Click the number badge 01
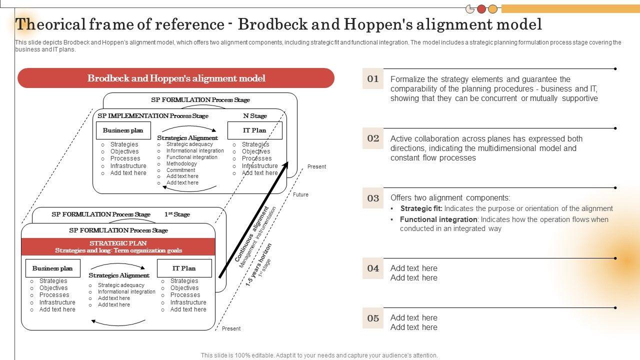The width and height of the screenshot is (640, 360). pyautogui.click(x=373, y=78)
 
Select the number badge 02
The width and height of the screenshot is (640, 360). pyautogui.click(x=373, y=138)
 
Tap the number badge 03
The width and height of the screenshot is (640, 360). pyautogui.click(x=373, y=198)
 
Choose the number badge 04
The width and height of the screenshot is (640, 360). pyautogui.click(x=373, y=268)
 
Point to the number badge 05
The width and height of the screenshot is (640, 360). pyautogui.click(x=373, y=318)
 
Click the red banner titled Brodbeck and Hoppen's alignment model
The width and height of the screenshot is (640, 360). pyautogui.click(x=176, y=78)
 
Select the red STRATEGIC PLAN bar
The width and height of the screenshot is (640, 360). pyautogui.click(x=118, y=246)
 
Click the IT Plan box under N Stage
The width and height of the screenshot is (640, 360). pyautogui.click(x=254, y=130)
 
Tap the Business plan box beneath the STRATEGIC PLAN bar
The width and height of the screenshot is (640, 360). pyautogui.click(x=52, y=268)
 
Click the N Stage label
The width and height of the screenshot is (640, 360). pyautogui.click(x=255, y=116)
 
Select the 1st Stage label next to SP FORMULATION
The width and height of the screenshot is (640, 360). pyautogui.click(x=177, y=214)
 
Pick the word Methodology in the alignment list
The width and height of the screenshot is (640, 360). pyautogui.click(x=181, y=163)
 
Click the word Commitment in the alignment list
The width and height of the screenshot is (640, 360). pyautogui.click(x=180, y=170)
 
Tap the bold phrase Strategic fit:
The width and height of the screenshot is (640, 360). pyautogui.click(x=421, y=208)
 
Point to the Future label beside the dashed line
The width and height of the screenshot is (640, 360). pyautogui.click(x=300, y=194)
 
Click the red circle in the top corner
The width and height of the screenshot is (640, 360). pyautogui.click(x=481, y=9)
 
